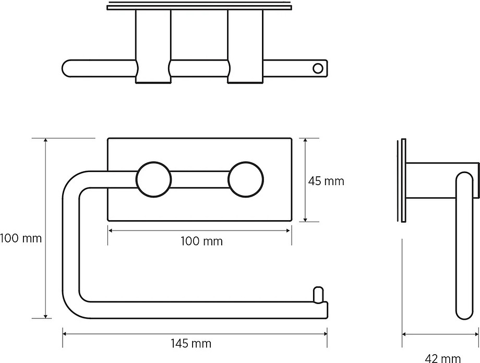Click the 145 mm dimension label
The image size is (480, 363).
pyautogui.click(x=191, y=343)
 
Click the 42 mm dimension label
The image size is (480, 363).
pyautogui.click(x=442, y=358)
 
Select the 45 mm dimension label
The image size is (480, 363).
pyautogui.click(x=326, y=181)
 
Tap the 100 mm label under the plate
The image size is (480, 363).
pyautogui.click(x=201, y=241)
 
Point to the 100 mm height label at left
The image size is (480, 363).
pyautogui.click(x=21, y=238)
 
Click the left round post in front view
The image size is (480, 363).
pyautogui.click(x=153, y=179)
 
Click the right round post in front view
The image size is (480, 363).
pyautogui.click(x=246, y=179)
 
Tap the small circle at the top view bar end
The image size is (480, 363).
pyautogui.click(x=318, y=68)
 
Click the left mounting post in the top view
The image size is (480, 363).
pyautogui.click(x=153, y=46)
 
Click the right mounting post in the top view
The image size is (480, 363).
pyautogui.click(x=246, y=46)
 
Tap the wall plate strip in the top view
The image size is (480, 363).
pyautogui.click(x=199, y=7)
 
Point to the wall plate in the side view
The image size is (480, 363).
pyautogui.click(x=403, y=180)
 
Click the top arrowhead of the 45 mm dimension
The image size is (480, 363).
pyautogui.click(x=305, y=141)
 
